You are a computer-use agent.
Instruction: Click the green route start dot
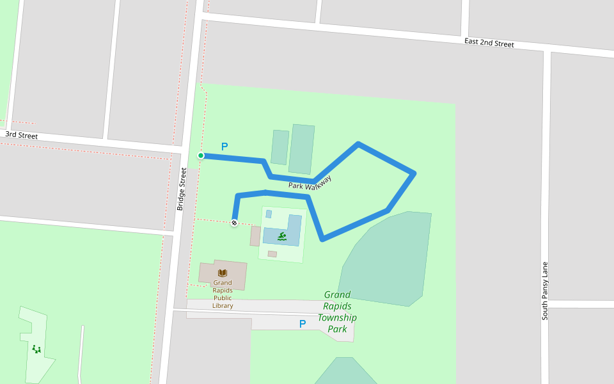pos(201,156)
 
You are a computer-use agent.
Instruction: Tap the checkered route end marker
pos(234,223)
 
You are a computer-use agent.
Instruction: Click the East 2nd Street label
pos(489,43)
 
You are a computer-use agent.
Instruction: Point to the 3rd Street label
pos(22,136)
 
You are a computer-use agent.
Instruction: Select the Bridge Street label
pos(182,189)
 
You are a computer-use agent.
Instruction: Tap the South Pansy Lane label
pos(545,291)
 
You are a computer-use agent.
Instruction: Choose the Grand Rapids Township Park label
pos(337,312)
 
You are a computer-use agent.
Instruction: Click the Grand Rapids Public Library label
pos(223,294)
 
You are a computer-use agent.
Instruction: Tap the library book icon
pos(223,273)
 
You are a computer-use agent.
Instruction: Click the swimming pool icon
pos(281,236)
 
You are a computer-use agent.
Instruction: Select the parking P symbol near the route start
pos(224,147)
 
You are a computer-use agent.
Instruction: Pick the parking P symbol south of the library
pos(303,324)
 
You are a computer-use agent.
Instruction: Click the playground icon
pos(36,349)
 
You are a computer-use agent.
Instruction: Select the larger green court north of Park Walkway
pos(302,149)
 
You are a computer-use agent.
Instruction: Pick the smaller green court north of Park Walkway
pos(279,147)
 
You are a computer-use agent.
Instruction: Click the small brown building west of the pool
pos(255,236)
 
